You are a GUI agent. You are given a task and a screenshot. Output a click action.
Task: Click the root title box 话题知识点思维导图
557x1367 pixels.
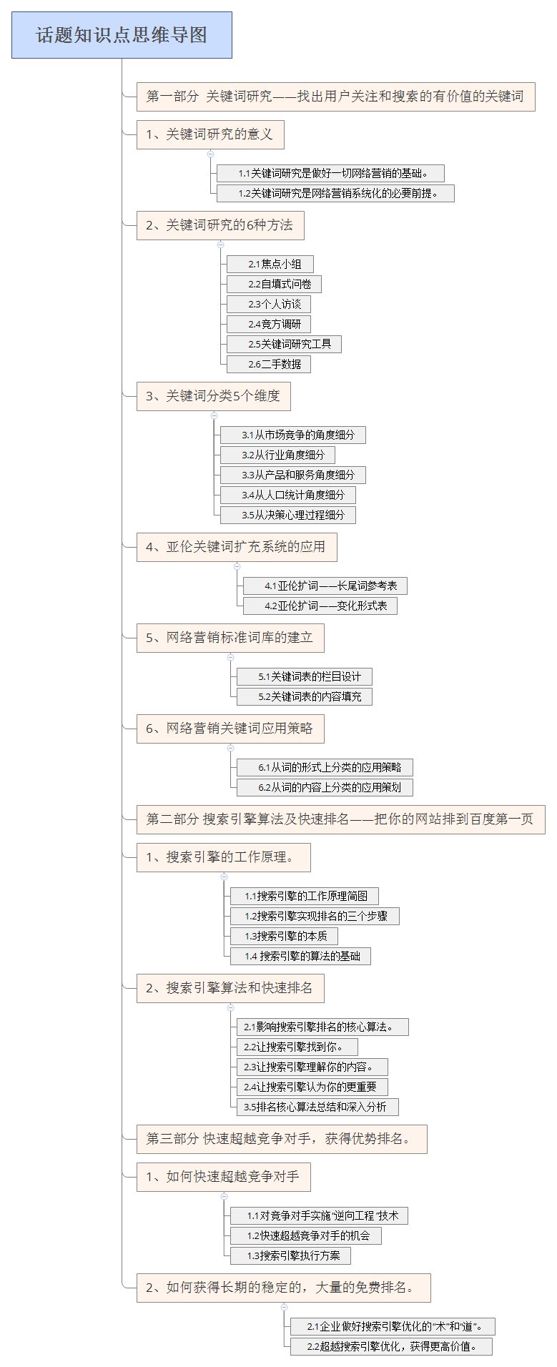122,35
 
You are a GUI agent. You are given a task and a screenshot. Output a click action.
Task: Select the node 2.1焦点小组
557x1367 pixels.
270,265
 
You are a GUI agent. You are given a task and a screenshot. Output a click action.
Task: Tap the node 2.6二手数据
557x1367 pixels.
269,365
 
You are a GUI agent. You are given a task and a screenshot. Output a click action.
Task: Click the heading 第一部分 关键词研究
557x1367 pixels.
336,97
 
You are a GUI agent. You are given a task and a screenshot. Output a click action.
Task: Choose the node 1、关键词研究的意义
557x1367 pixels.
210,134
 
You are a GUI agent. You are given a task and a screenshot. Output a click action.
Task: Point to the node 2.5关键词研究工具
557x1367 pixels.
284,345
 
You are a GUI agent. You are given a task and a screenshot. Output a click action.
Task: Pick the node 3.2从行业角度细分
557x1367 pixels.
277,455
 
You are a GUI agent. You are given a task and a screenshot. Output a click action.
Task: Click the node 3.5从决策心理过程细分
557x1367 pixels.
287,515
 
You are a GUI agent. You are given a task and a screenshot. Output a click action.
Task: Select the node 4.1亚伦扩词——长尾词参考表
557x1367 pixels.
325,586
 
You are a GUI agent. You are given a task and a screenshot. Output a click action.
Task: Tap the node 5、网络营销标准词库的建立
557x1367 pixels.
230,638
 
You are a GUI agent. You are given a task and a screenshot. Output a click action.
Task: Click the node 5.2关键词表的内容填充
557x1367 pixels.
305,696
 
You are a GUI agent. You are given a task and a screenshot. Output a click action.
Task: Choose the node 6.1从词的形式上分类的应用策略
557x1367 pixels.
325,768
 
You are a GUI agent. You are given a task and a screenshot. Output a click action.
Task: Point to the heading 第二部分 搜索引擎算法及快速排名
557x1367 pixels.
341,819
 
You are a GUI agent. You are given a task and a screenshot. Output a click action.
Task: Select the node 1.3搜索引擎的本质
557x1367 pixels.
284,937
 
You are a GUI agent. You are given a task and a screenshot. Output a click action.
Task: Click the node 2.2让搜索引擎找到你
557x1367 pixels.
297,1047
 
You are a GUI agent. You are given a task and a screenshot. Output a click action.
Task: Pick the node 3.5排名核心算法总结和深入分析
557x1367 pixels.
317,1107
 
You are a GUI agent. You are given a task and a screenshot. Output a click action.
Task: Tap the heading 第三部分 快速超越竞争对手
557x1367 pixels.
282,1139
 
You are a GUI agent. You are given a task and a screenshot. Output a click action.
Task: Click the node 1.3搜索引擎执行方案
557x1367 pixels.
290,1256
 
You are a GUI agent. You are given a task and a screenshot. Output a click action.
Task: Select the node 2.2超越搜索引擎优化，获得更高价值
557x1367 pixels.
391,1347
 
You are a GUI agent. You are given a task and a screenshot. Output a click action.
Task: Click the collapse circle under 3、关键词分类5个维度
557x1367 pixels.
214,415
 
